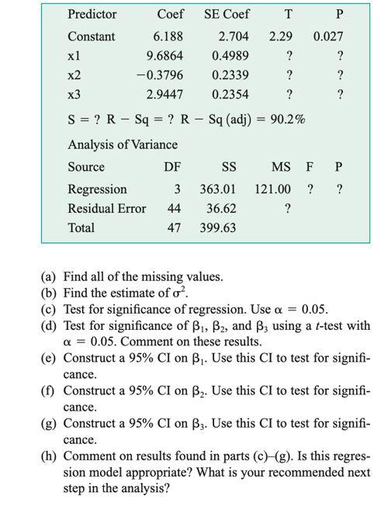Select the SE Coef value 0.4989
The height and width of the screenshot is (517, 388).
pos(229,56)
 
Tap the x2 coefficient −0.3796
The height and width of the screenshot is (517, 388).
pos(158,75)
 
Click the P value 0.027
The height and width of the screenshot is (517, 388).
pos(328,36)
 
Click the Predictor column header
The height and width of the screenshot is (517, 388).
pos(92,14)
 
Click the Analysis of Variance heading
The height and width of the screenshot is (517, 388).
pos(123,144)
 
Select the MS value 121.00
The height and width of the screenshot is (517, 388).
pos(272,189)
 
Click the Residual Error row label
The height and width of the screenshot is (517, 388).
pos(106,208)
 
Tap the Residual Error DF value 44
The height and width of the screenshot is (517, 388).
pos(175,208)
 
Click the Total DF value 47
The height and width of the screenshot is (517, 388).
pos(175,227)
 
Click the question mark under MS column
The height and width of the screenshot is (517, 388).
pos(288,208)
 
